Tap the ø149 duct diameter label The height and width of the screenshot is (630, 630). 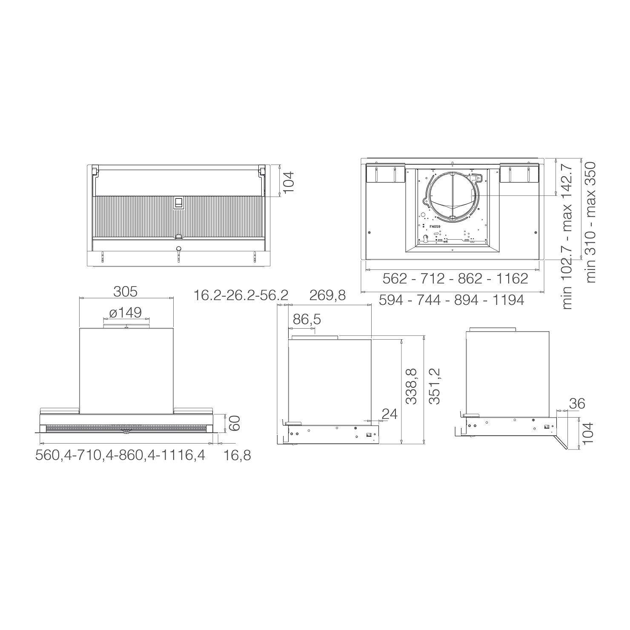[x=126, y=312]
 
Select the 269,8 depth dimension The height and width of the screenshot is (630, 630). [x=327, y=295]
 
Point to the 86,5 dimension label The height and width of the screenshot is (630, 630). [x=307, y=319]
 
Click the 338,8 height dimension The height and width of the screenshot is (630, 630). [x=411, y=386]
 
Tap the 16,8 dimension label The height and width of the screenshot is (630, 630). [x=237, y=455]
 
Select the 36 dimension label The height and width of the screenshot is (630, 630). [x=577, y=403]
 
